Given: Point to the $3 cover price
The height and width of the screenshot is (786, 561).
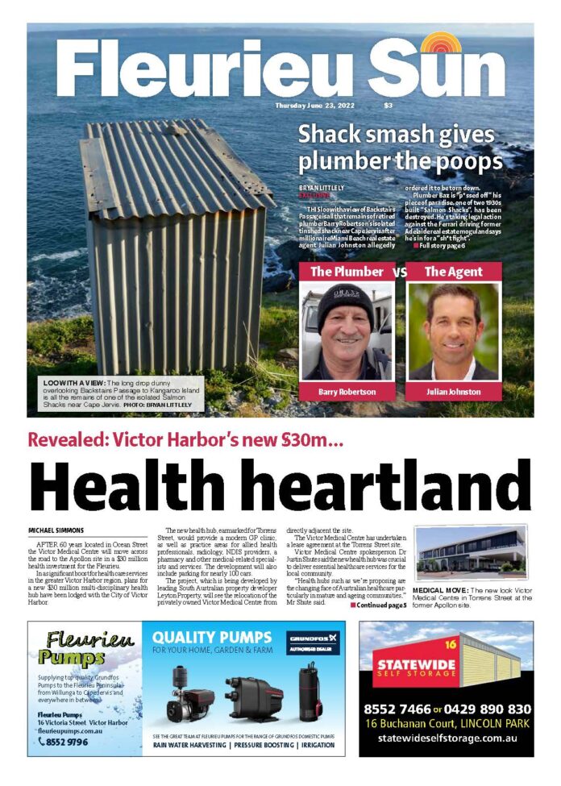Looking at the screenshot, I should tap(388, 106).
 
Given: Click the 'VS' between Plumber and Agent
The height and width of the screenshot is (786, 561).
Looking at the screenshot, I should tap(399, 272).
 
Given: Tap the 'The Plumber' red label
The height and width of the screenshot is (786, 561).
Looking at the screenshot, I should tap(347, 272).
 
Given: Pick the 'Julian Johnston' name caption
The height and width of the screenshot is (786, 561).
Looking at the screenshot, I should tap(453, 392).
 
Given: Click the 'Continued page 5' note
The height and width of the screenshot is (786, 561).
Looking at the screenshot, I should tap(379, 605).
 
